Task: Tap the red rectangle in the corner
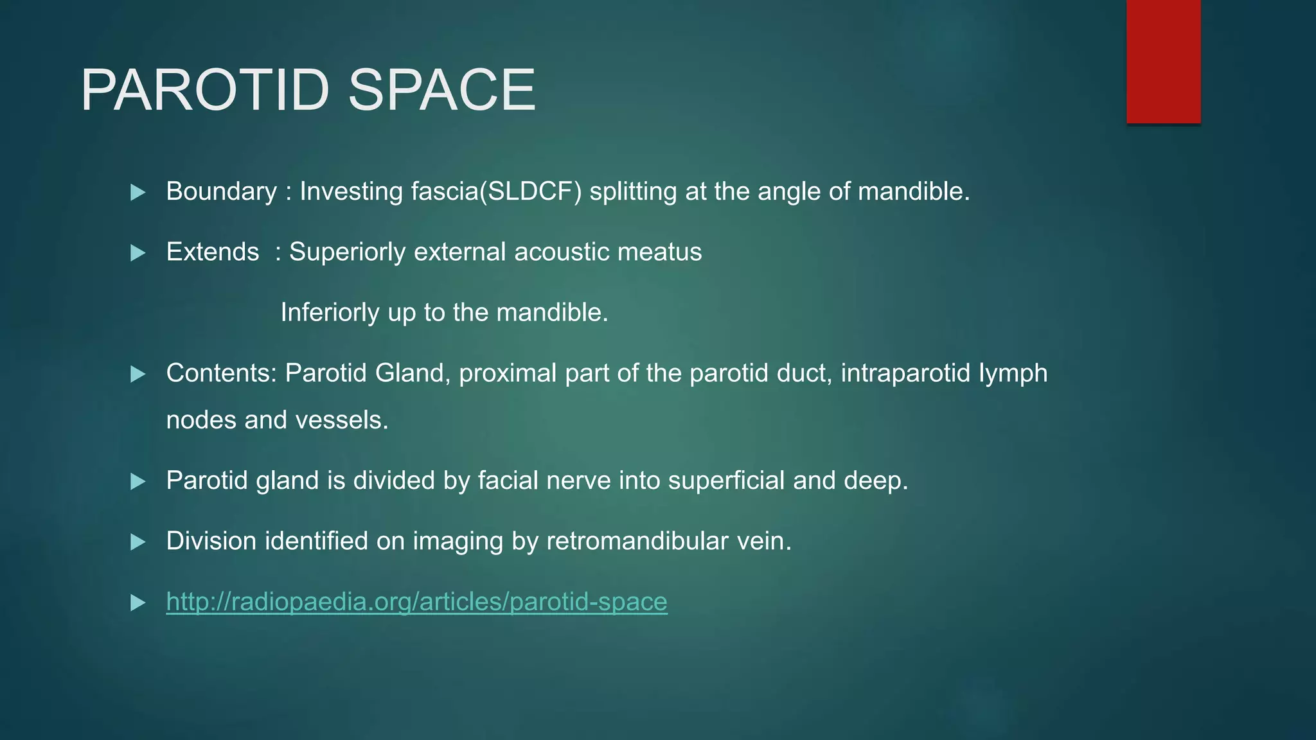click(1163, 61)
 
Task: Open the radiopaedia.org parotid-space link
click(416, 602)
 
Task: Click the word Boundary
click(222, 191)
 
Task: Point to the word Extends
click(213, 252)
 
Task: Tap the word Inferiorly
click(330, 312)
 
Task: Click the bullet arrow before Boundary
click(138, 192)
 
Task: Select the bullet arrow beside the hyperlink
click(138, 603)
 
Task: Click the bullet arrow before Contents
click(138, 374)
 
